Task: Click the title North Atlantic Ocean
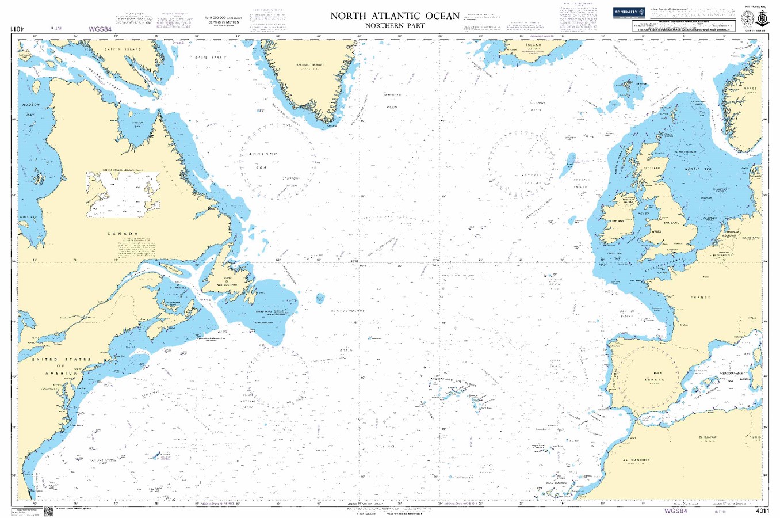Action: [395, 16]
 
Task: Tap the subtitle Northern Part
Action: [395, 26]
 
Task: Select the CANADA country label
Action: [123, 234]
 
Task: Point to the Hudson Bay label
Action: [29, 110]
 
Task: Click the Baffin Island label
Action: [123, 49]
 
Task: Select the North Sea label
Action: [699, 169]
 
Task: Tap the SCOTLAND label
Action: [652, 168]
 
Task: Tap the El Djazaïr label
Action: [707, 437]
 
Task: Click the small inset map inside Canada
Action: [123, 194]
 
